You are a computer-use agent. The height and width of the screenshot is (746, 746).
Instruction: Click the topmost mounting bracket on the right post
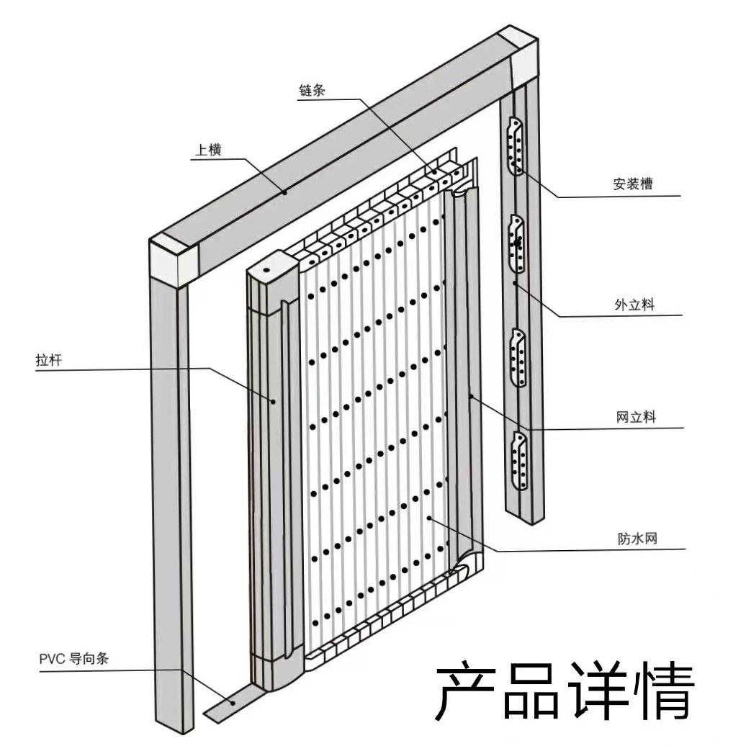[516, 146]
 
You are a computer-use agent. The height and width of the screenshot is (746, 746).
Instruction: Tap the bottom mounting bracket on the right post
[517, 460]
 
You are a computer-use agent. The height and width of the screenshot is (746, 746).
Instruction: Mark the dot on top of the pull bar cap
[266, 269]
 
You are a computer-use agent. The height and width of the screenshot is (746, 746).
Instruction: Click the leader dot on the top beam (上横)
[286, 192]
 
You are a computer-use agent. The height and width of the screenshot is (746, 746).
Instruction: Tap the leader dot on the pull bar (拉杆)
[273, 400]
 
